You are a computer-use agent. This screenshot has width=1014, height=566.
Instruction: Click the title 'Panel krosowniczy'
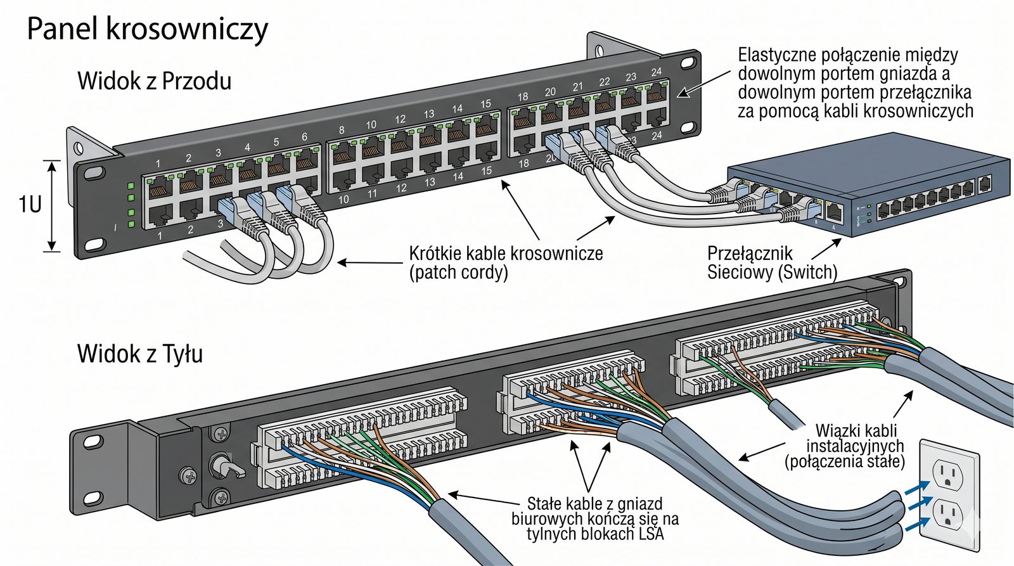(147, 29)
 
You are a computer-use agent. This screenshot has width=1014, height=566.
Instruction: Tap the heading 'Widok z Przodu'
(154, 81)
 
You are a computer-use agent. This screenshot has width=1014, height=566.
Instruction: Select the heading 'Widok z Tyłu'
(139, 353)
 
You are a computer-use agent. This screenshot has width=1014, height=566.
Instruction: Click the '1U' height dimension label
(29, 204)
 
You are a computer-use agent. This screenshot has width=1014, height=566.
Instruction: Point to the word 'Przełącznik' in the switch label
(750, 254)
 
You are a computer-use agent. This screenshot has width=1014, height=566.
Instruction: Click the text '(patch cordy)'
(458, 273)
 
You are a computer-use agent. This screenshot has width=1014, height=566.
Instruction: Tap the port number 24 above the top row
(657, 72)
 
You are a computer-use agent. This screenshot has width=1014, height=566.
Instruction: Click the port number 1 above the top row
(158, 164)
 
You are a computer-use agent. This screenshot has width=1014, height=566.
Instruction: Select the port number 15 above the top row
(485, 104)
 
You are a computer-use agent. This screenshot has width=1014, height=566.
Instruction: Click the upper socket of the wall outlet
(947, 472)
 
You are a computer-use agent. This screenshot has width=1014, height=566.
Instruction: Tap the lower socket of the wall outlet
(947, 514)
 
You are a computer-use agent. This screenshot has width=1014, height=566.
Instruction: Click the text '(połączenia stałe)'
(845, 461)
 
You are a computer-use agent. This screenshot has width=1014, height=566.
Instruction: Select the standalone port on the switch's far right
(984, 184)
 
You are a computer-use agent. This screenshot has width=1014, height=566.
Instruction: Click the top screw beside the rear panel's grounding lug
(221, 434)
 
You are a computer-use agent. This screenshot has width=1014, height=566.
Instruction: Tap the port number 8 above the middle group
(342, 131)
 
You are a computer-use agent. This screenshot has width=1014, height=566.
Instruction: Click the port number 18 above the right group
(522, 97)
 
